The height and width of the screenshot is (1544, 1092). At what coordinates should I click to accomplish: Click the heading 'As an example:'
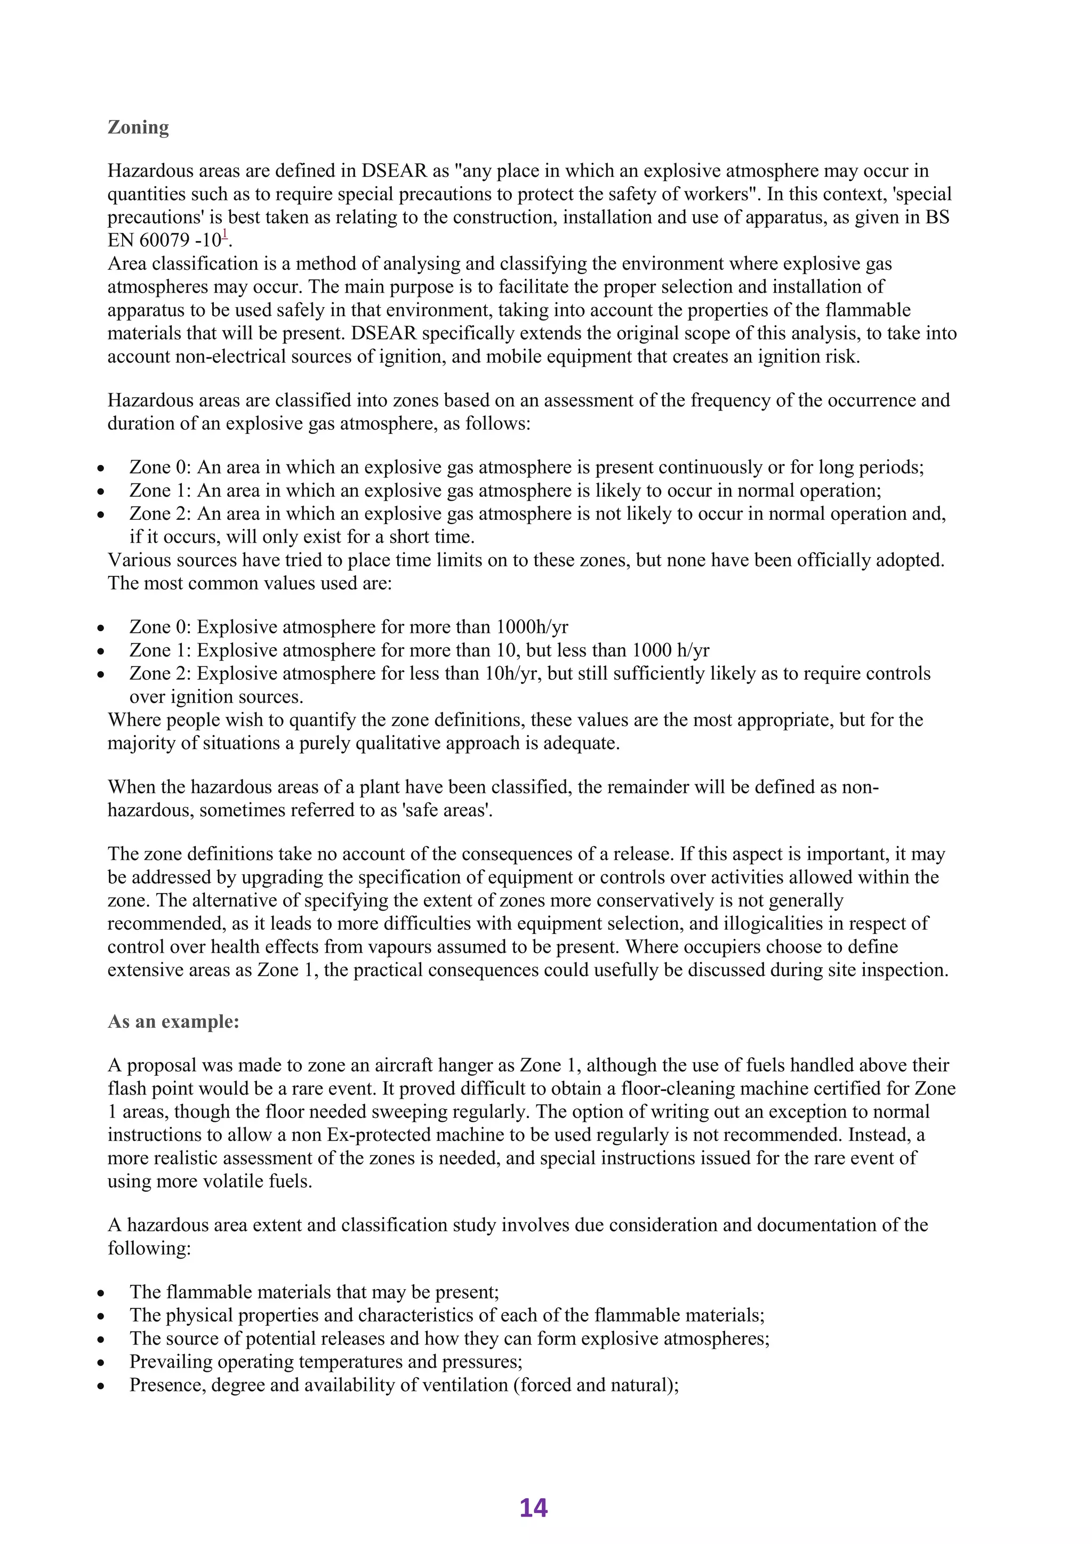click(x=173, y=1022)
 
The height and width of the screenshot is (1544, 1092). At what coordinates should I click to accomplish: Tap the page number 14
click(x=533, y=1508)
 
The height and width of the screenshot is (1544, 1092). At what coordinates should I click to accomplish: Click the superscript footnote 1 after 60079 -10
click(x=225, y=235)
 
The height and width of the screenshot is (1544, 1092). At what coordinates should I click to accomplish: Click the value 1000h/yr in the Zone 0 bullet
click(x=532, y=628)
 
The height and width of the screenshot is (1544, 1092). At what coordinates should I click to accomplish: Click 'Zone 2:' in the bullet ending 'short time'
click(x=160, y=514)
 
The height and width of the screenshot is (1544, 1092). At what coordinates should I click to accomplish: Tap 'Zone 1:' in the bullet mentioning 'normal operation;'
click(x=160, y=491)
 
